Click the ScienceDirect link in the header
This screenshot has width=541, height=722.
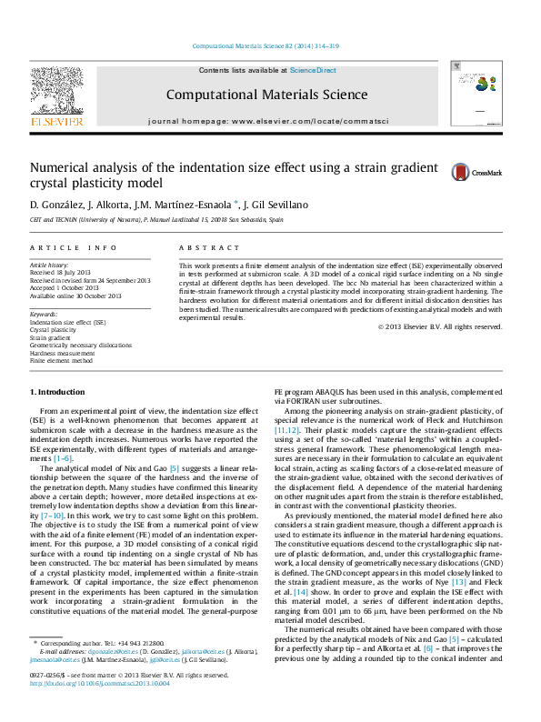[313, 70]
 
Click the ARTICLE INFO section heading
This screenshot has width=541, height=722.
[74, 247]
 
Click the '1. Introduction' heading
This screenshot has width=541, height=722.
[57, 392]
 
